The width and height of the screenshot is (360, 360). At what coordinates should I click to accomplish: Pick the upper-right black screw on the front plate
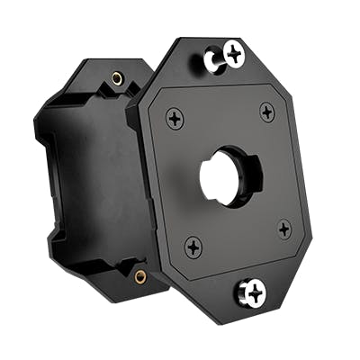(267, 112)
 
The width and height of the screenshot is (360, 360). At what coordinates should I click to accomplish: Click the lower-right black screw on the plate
(284, 229)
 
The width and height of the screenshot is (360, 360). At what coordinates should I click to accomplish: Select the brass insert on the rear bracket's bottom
(140, 276)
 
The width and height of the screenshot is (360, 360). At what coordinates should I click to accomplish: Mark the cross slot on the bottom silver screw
(254, 291)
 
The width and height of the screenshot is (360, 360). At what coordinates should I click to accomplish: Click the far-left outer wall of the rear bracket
(45, 171)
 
